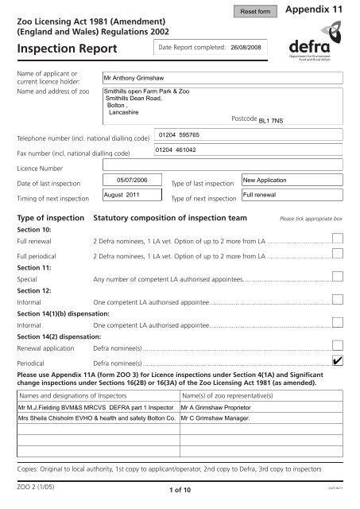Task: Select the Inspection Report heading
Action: click(66, 49)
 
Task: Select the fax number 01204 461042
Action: click(177, 150)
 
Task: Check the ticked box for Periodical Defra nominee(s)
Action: click(338, 361)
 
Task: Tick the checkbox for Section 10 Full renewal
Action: click(338, 239)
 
